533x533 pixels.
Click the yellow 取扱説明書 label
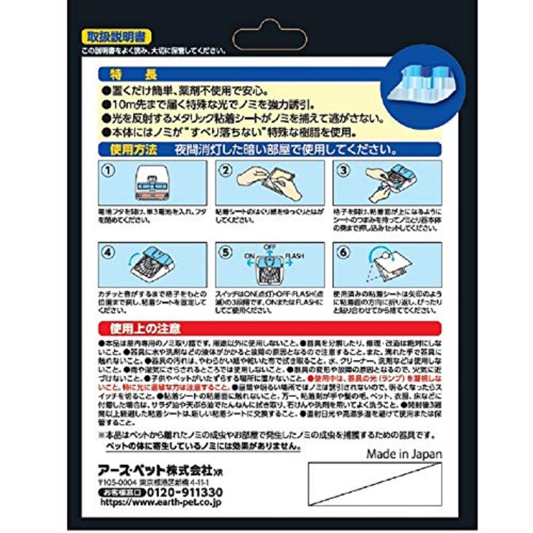point(116,37)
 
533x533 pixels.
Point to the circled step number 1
point(108,171)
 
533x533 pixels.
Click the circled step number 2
point(226,171)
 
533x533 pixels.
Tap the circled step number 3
point(343,171)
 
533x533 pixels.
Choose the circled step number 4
point(108,253)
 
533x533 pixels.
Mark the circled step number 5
point(226,253)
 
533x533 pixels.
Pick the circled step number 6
point(343,253)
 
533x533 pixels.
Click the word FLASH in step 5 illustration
point(294,256)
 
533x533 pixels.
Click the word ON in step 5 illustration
point(250,256)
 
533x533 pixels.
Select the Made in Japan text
point(404,454)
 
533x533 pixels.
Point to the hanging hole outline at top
point(269,35)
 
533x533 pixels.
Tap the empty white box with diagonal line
point(375,484)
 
